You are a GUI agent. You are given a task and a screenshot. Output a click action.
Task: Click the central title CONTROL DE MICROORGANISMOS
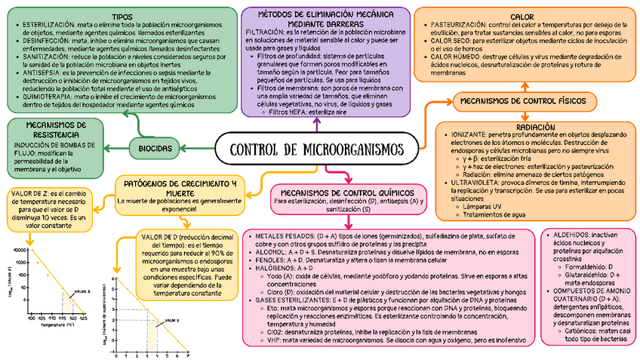tap(315, 149)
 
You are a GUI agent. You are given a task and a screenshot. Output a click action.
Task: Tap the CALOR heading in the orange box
tap(522, 16)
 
